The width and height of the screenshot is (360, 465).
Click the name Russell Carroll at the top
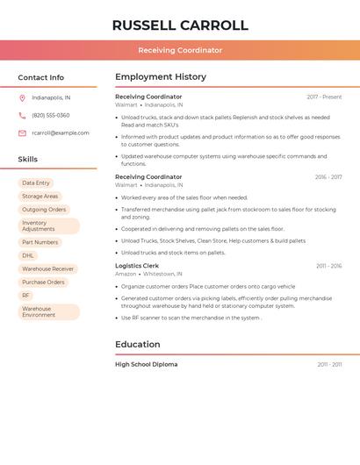pos(180,25)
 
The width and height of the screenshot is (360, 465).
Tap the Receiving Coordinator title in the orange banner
pos(180,50)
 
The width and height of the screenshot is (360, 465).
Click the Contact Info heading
pos(41,77)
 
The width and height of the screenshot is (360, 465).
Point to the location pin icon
pos(22,97)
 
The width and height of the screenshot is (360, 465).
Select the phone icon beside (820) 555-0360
pos(22,115)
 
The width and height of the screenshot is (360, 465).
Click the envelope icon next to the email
pos(22,133)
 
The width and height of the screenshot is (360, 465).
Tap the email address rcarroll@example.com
pos(61,133)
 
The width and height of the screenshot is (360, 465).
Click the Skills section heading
pos(28,160)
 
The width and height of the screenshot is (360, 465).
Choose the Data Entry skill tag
pos(36,183)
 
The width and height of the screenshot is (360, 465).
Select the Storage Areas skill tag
pos(40,197)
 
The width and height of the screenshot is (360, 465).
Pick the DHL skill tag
pos(28,255)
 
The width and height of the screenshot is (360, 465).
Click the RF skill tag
pos(26,296)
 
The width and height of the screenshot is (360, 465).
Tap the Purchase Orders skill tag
pos(43,283)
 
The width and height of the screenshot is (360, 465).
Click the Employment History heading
pos(161,77)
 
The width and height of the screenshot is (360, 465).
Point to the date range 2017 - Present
pos(324,97)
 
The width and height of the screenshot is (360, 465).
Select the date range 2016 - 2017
pos(328,177)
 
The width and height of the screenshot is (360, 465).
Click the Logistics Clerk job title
pos(137,266)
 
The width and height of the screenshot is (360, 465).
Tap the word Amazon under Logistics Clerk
pos(126,274)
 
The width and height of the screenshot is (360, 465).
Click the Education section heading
pos(138,345)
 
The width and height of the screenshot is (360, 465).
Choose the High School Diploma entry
pos(146,364)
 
